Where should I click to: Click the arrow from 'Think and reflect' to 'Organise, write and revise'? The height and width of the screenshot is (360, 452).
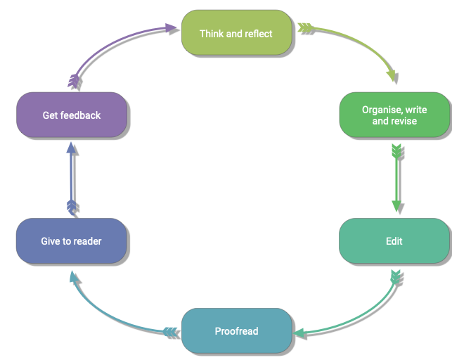(x=366, y=42)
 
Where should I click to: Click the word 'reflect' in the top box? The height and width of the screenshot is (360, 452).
(x=257, y=34)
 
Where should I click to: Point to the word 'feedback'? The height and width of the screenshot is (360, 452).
(x=81, y=115)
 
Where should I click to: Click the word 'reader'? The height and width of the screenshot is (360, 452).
(x=86, y=241)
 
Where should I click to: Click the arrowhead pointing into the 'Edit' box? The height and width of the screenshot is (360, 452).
(x=396, y=207)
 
